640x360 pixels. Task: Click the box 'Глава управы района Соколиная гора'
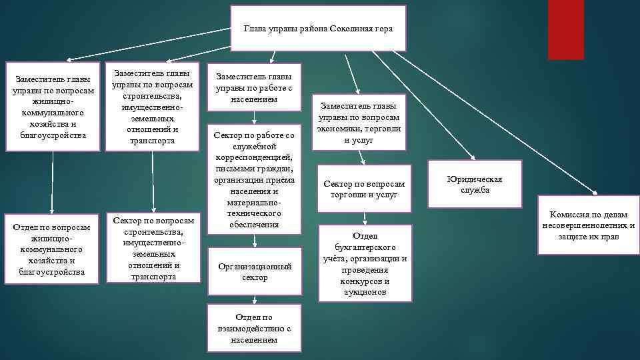(x=318, y=29)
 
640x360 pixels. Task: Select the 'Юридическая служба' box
(x=475, y=185)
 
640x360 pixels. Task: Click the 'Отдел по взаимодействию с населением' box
(x=254, y=326)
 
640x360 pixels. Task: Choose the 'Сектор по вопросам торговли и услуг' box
(x=364, y=189)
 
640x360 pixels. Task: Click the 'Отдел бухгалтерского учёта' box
(x=365, y=263)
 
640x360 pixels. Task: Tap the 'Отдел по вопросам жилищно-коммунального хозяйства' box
(x=53, y=249)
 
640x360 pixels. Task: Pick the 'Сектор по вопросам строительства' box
(x=153, y=248)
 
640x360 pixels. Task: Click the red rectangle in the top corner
(x=565, y=29)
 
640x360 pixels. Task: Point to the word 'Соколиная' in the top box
(x=351, y=29)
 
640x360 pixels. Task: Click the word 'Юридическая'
(x=475, y=179)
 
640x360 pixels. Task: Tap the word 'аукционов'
(x=365, y=292)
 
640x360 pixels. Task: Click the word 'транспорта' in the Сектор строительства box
(x=153, y=276)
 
